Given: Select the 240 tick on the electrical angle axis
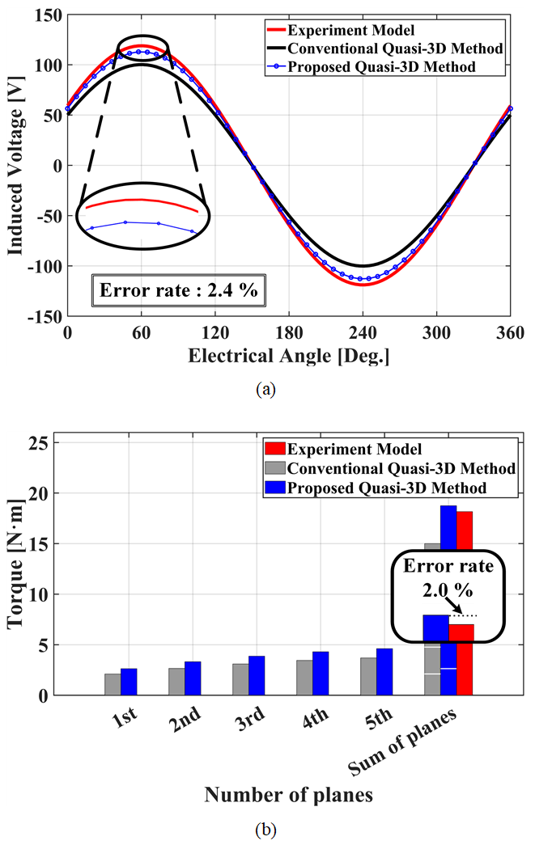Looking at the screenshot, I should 363,333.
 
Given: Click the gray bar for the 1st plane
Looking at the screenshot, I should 113,684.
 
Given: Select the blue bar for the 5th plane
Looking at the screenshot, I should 384,671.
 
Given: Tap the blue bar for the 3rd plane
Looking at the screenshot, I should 257,675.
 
